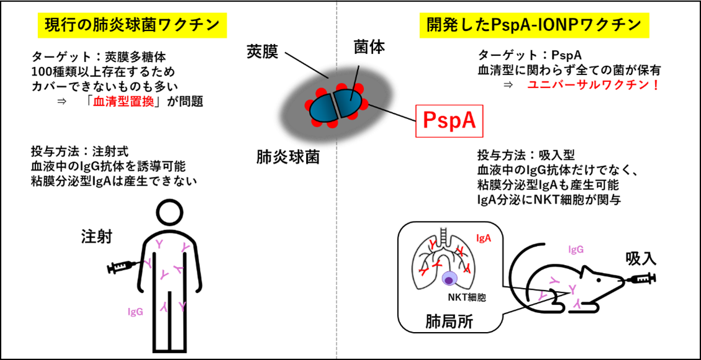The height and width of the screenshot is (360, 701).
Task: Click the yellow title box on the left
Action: pyautogui.click(x=132, y=25)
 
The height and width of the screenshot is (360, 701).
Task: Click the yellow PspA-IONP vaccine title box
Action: pyautogui.click(x=534, y=25)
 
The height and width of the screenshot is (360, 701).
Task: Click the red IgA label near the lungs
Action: pyautogui.click(x=484, y=238)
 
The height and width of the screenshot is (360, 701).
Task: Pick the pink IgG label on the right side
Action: pyautogui.click(x=576, y=250)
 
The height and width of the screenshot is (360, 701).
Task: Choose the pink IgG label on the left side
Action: pyautogui.click(x=135, y=312)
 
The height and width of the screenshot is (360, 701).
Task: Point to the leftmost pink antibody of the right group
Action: pyautogui.click(x=543, y=297)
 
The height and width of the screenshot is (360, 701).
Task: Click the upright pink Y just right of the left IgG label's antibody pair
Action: pyautogui.click(x=182, y=307)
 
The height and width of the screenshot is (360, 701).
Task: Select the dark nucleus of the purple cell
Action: pyautogui.click(x=450, y=281)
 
